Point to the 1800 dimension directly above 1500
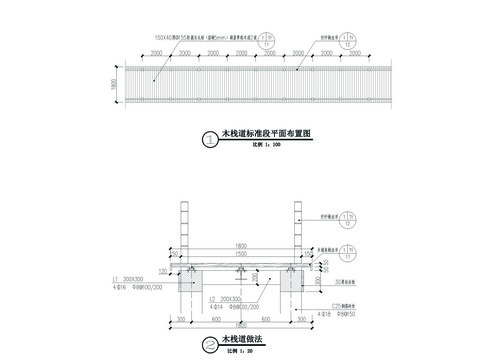pyautogui.click(x=240, y=246)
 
